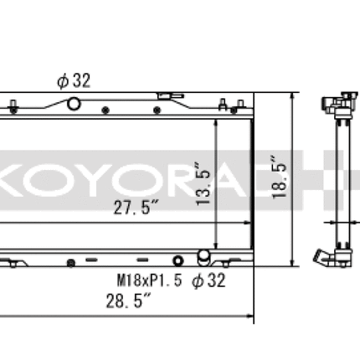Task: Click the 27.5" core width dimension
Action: (136, 208)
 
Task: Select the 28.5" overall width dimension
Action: (128, 301)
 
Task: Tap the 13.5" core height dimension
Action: (203, 184)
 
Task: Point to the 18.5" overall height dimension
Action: (280, 177)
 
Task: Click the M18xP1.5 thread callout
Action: (149, 280)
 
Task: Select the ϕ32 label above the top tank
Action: (74, 81)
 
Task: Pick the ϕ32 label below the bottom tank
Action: (208, 280)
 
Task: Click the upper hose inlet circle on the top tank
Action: (74, 104)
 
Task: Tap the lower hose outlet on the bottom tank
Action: (203, 258)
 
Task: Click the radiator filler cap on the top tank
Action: (171, 96)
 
